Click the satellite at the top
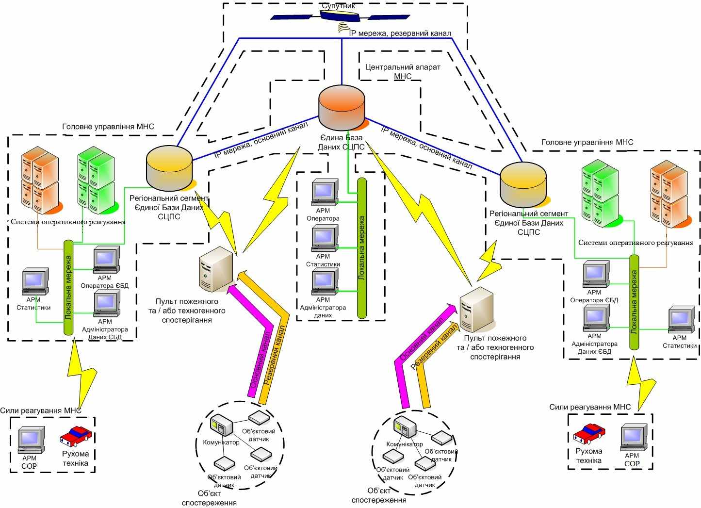tap(340, 16)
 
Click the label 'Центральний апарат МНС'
tap(403, 72)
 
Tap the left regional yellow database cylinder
tap(170, 168)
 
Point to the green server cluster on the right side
tap(601, 194)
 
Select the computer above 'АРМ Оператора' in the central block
tap(325, 192)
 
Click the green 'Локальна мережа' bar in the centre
tap(362, 248)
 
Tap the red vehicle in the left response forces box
tap(76, 436)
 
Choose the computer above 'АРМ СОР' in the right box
tap(634, 438)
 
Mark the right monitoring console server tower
tap(476, 310)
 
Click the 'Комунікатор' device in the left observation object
tap(222, 425)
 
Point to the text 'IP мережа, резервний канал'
tap(400, 33)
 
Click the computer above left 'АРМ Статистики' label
tap(35, 281)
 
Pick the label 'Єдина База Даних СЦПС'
tap(342, 142)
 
